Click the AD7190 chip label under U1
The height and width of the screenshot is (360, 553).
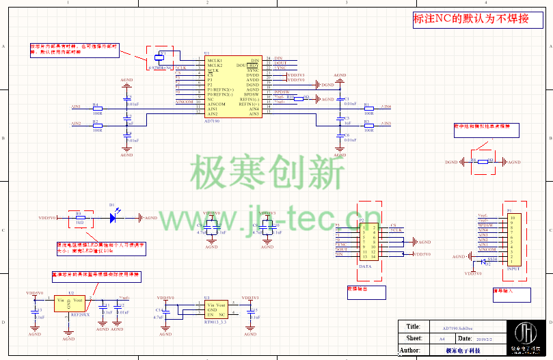click(213, 120)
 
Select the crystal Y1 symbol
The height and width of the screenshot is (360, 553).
click(161, 58)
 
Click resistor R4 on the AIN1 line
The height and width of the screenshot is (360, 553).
click(96, 109)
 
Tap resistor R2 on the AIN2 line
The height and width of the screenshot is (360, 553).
click(96, 126)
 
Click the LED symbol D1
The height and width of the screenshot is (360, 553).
click(113, 218)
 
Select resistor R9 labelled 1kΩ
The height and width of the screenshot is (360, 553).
click(80, 218)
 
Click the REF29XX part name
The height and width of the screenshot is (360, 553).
click(79, 316)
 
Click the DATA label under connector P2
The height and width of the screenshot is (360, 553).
click(365, 266)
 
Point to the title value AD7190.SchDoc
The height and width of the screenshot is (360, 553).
click(459, 327)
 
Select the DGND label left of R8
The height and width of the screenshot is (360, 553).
click(451, 163)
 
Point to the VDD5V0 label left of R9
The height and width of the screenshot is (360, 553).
click(48, 218)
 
